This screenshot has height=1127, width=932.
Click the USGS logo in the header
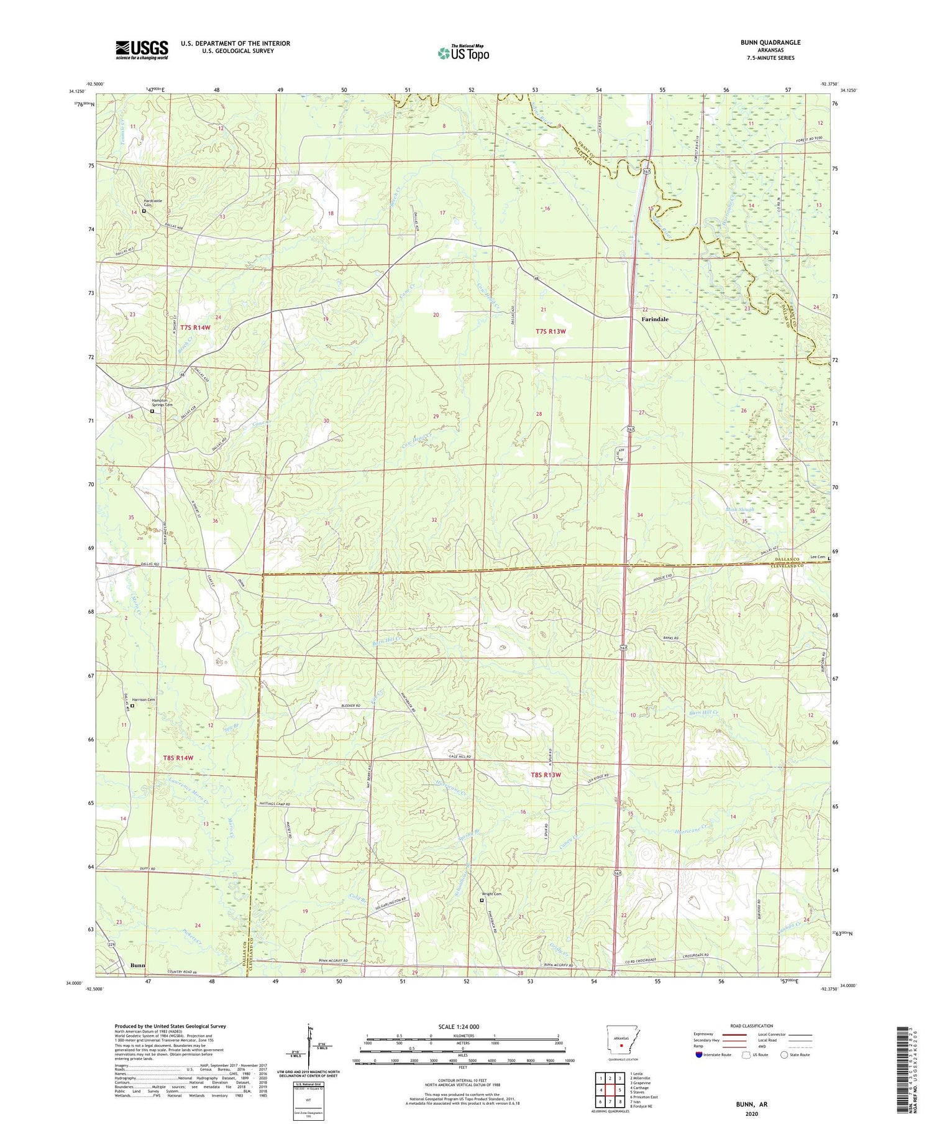[142, 50]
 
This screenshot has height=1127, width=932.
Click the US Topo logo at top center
[464, 53]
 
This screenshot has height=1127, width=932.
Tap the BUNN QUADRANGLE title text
[770, 42]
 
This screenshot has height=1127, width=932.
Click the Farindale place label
[655, 319]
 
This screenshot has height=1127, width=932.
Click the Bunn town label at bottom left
[137, 965]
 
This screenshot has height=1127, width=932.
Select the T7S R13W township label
[551, 331]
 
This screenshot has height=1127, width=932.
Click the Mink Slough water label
[739, 510]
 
